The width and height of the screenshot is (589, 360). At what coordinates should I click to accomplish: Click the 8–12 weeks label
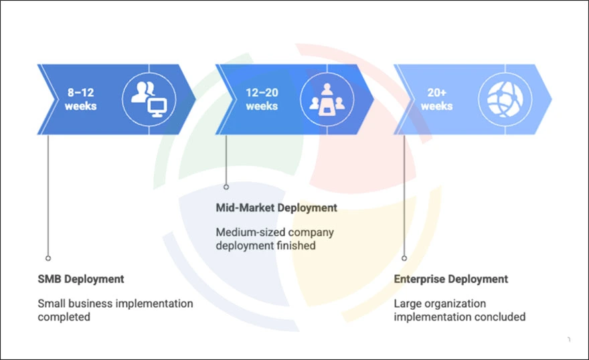click(x=80, y=99)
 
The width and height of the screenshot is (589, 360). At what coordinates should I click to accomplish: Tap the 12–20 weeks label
click(x=262, y=99)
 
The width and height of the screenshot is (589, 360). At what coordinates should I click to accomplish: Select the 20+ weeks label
click(x=436, y=99)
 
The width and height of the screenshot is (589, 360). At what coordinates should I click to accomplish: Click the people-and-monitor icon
click(x=149, y=100)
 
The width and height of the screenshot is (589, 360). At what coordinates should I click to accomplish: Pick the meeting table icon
click(x=327, y=100)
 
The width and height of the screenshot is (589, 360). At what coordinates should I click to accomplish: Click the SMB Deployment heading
click(x=81, y=279)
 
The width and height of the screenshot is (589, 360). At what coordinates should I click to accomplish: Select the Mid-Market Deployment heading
click(x=276, y=207)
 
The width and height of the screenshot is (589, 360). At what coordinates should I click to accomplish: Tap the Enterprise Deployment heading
click(x=450, y=279)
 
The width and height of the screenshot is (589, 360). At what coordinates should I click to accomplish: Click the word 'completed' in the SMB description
click(x=64, y=317)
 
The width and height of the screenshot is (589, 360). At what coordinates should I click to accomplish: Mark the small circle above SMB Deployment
click(x=48, y=258)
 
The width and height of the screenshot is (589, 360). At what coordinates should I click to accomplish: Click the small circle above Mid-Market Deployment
click(x=226, y=187)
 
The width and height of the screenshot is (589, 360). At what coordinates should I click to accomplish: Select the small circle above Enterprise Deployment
click(x=404, y=258)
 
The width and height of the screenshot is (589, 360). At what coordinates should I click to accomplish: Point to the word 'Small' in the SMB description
click(x=51, y=304)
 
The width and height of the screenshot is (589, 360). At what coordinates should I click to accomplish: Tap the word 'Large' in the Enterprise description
click(x=407, y=304)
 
